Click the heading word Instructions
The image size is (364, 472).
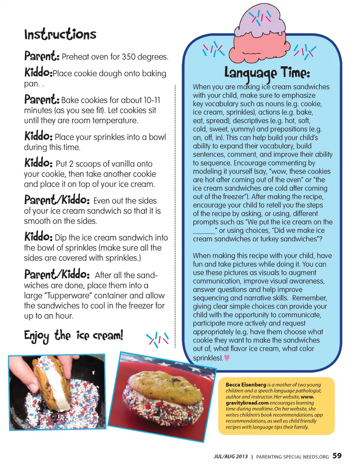(60, 34)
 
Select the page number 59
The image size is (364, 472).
(337, 456)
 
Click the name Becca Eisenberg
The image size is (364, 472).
(246, 384)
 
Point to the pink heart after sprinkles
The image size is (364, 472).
(227, 358)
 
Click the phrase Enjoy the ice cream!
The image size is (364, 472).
(74, 336)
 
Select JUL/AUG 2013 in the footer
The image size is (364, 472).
(231, 456)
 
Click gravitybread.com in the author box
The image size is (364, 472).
(247, 403)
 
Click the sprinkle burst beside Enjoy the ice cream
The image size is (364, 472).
(157, 339)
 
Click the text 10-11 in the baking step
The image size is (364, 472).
(152, 100)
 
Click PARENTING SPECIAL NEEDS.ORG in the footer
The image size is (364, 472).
(292, 457)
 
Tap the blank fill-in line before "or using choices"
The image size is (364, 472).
(204, 231)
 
